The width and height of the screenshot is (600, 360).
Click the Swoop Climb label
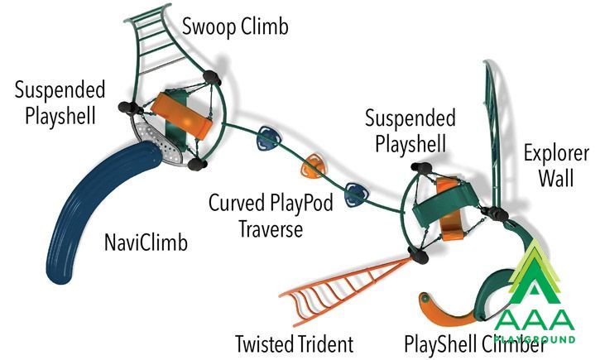tap(235, 27)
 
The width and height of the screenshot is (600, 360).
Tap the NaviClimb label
tap(146, 242)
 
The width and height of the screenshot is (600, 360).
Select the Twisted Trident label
tap(294, 343)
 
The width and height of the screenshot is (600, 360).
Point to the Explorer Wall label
tap(556, 166)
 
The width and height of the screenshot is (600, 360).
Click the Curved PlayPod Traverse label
tap(271, 216)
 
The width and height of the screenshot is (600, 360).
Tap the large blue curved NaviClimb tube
tap(102, 207)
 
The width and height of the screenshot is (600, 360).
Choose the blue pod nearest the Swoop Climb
tap(268, 137)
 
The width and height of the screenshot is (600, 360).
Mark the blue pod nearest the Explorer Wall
tap(357, 195)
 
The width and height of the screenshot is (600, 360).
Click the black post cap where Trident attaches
tap(418, 255)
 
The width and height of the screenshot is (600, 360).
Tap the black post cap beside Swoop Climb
tap(212, 78)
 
